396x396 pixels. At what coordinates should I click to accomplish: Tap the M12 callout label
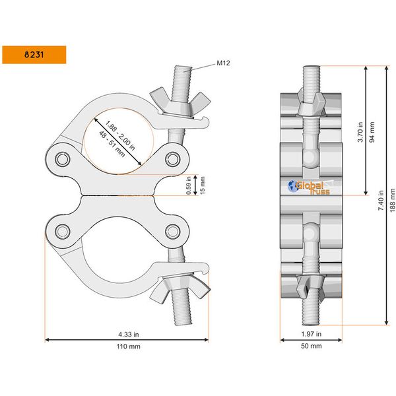click(223, 64)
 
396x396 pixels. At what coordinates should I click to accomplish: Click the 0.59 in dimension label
click(189, 185)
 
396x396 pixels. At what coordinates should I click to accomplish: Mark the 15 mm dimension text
click(202, 185)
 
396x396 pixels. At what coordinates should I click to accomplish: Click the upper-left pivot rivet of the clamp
click(63, 159)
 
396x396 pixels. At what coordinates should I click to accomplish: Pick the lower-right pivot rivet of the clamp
click(173, 230)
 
